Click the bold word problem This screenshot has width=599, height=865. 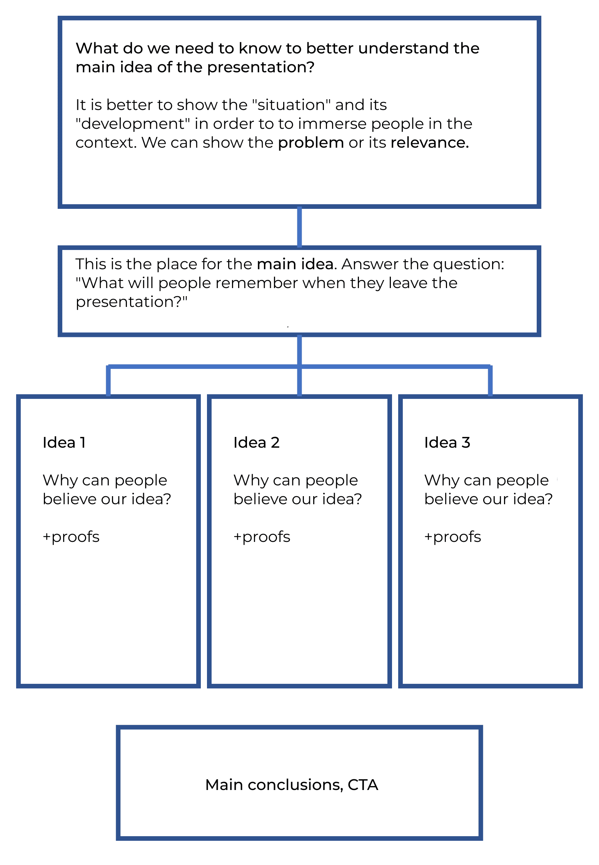[x=311, y=143]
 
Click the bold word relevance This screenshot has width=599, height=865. [x=429, y=143]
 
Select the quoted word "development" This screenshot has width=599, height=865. [x=133, y=124]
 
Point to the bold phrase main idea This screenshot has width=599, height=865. [x=295, y=264]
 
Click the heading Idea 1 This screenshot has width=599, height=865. [x=64, y=443]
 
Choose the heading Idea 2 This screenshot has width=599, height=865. [x=256, y=443]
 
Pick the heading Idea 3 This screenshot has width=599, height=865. [x=447, y=443]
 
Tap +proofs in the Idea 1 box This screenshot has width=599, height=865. [x=71, y=537]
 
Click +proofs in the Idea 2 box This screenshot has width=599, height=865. [x=262, y=537]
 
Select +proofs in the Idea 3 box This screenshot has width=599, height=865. [x=453, y=537]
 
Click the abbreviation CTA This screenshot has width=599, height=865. [x=363, y=785]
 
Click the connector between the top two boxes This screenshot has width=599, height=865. [x=299, y=227]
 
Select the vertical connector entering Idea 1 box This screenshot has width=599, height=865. [x=108, y=381]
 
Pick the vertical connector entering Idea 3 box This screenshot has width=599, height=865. [x=490, y=381]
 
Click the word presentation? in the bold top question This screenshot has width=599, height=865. [x=261, y=68]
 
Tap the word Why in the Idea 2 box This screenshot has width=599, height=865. [x=248, y=480]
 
